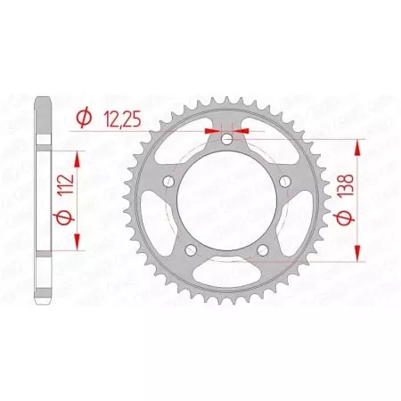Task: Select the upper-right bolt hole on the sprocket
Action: [x=285, y=182]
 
